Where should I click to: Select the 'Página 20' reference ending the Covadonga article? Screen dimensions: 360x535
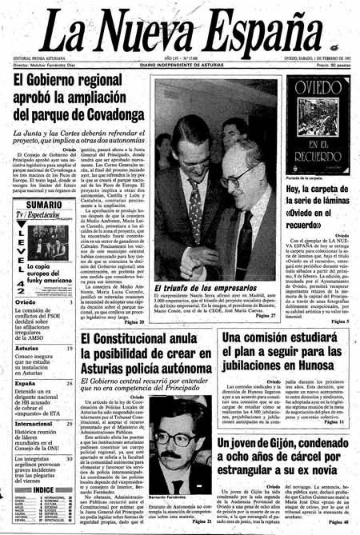tap(130, 322)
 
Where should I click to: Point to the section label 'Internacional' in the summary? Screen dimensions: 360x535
tap(27, 423)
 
